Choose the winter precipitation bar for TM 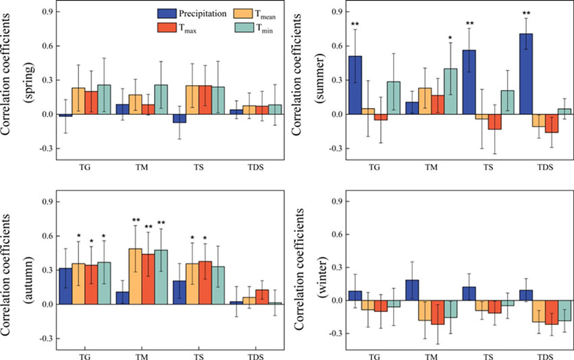[x=412, y=290]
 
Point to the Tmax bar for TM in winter [x=438, y=312]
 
